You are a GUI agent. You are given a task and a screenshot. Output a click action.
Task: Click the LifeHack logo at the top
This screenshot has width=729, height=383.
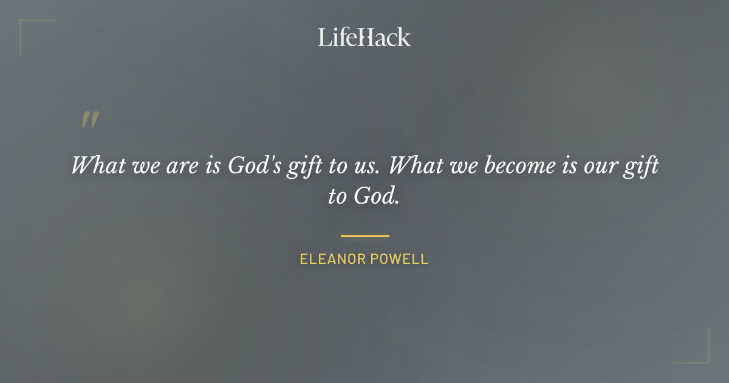tap(364, 37)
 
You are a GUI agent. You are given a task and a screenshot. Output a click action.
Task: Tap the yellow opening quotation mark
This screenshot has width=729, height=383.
tap(89, 120)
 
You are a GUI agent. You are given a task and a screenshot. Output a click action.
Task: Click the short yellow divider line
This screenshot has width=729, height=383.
tap(364, 236)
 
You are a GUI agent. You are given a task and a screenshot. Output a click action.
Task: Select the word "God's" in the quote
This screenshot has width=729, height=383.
tap(254, 166)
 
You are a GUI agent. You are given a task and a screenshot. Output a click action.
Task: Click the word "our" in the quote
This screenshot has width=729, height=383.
tap(597, 166)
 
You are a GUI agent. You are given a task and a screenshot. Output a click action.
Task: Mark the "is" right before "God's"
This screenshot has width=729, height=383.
tap(212, 166)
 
